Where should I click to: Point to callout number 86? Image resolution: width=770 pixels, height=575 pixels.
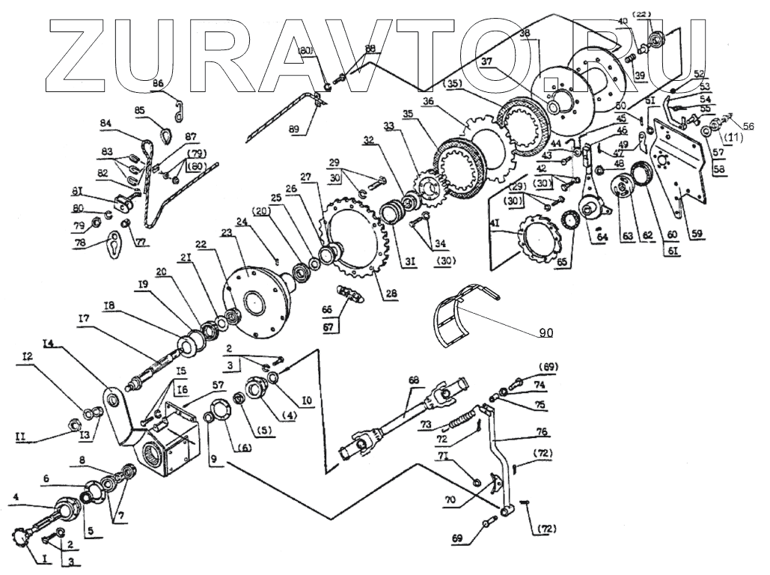[x=157, y=83]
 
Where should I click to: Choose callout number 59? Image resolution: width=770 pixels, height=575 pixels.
[x=697, y=234]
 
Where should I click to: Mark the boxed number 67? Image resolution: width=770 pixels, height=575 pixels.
[x=327, y=326]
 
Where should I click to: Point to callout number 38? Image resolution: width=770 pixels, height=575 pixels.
[x=524, y=33]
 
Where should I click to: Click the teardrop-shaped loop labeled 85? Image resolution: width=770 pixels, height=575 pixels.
[x=165, y=133]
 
